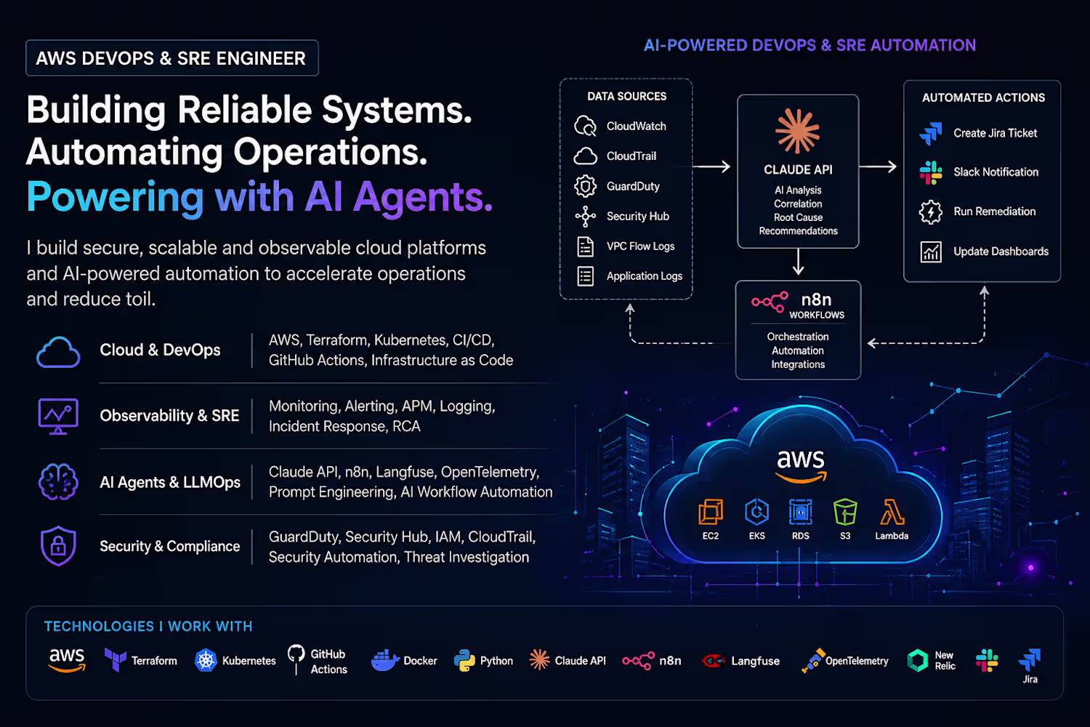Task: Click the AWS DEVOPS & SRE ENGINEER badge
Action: pyautogui.click(x=172, y=58)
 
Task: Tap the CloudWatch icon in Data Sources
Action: pyautogui.click(x=585, y=126)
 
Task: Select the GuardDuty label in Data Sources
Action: pyautogui.click(x=633, y=186)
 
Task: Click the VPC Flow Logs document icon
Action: pyautogui.click(x=586, y=246)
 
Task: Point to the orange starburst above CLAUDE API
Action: pyautogui.click(x=798, y=131)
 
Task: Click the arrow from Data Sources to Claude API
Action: pyautogui.click(x=711, y=166)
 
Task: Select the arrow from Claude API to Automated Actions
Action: pyautogui.click(x=878, y=166)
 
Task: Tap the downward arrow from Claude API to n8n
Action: pyautogui.click(x=798, y=262)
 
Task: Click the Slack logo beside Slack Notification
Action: pyautogui.click(x=931, y=172)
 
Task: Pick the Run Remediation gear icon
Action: pyautogui.click(x=930, y=212)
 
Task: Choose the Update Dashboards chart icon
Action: pyautogui.click(x=930, y=252)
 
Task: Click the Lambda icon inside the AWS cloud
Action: pyautogui.click(x=892, y=512)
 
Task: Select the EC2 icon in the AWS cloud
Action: pyautogui.click(x=711, y=512)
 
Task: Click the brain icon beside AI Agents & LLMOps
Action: pyautogui.click(x=58, y=481)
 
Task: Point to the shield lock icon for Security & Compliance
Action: pyautogui.click(x=58, y=546)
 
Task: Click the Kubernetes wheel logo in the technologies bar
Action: pyautogui.click(x=206, y=661)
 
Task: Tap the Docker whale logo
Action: pyautogui.click(x=384, y=660)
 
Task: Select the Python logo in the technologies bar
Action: pyautogui.click(x=464, y=661)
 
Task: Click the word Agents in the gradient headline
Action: pyautogui.click(x=423, y=198)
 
